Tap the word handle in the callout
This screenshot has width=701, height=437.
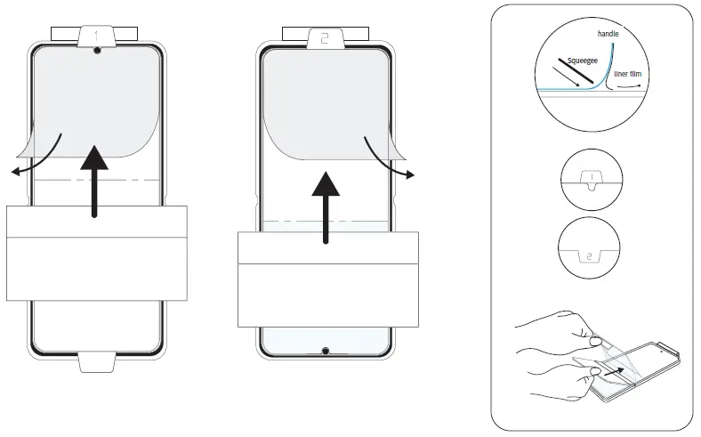click(x=608, y=33)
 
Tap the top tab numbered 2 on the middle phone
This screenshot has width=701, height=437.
click(x=325, y=38)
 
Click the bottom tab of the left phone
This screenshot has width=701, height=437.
click(x=95, y=361)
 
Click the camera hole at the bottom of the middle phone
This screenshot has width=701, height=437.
click(x=326, y=350)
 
